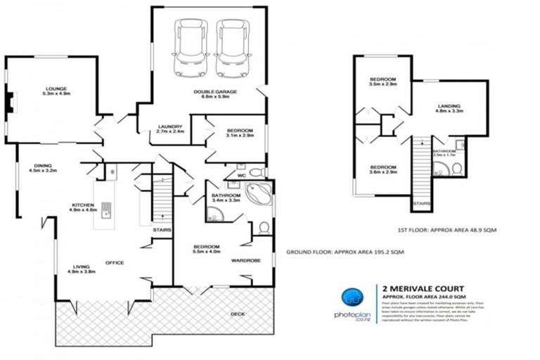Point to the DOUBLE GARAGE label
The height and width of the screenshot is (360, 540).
tap(215, 91)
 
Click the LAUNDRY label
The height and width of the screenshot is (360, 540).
tap(169, 126)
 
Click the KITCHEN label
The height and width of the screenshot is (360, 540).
tap(82, 205)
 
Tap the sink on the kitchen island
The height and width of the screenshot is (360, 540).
tap(105, 208)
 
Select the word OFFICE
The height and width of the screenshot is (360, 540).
tap(115, 263)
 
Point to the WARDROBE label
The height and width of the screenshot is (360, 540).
tap(246, 260)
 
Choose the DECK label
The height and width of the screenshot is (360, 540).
tap(238, 314)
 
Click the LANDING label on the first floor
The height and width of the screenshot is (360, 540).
tap(447, 105)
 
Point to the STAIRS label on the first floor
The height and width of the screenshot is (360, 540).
tap(422, 204)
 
